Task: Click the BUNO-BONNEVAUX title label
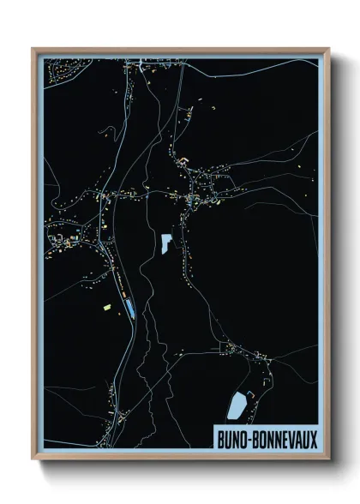267,438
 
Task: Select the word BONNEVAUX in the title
287,438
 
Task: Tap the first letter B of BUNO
219,438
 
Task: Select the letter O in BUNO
243,438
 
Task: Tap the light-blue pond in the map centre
164,243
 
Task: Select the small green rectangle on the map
107,305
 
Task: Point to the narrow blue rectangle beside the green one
129,307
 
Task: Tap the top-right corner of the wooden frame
328,50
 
